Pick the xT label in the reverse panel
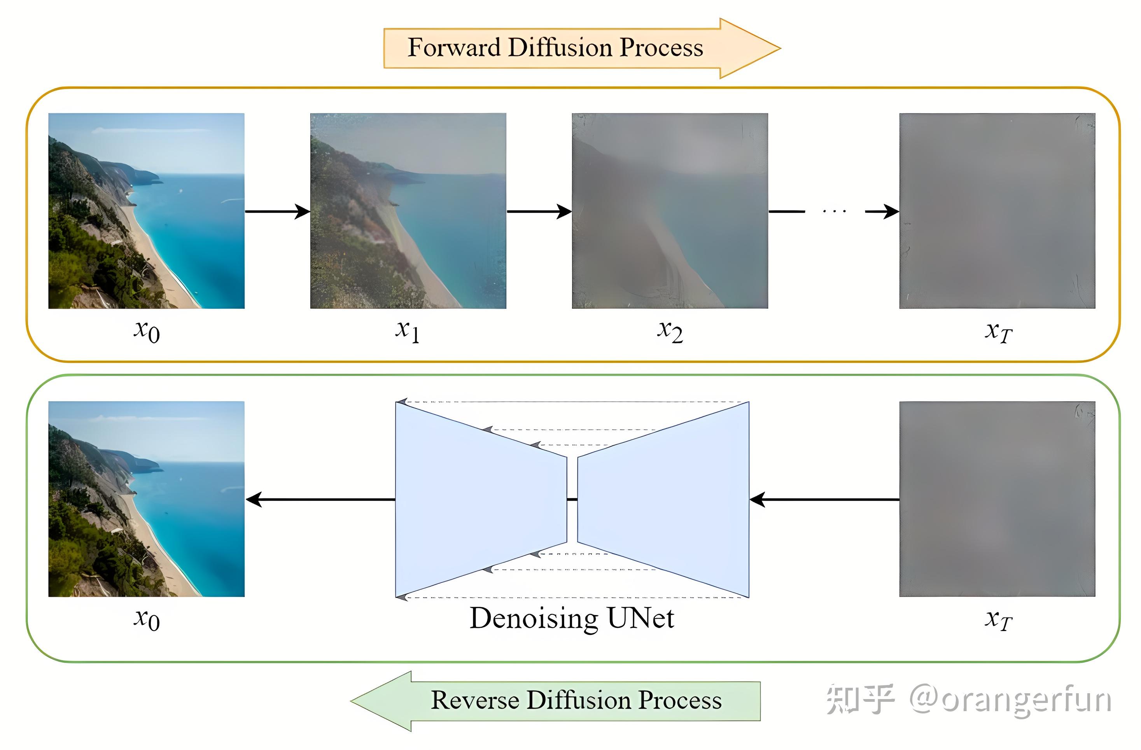pos(998,620)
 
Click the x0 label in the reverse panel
pos(147,620)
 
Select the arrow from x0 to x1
pos(277,212)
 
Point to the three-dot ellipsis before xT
pos(834,211)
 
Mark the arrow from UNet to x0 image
pos(320,500)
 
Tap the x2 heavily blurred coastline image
pos(670,211)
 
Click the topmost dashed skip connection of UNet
pos(573,402)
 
